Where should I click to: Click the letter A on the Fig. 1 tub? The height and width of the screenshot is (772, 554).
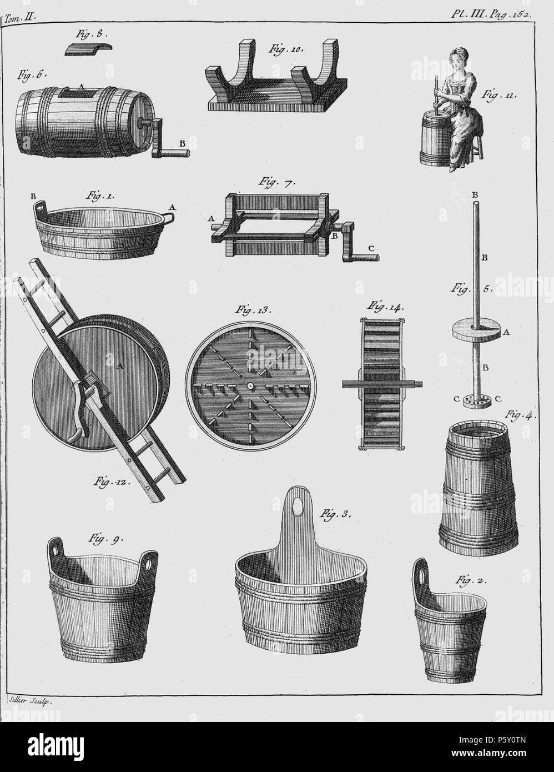(172, 206)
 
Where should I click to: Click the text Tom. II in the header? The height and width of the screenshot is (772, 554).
(20, 16)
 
